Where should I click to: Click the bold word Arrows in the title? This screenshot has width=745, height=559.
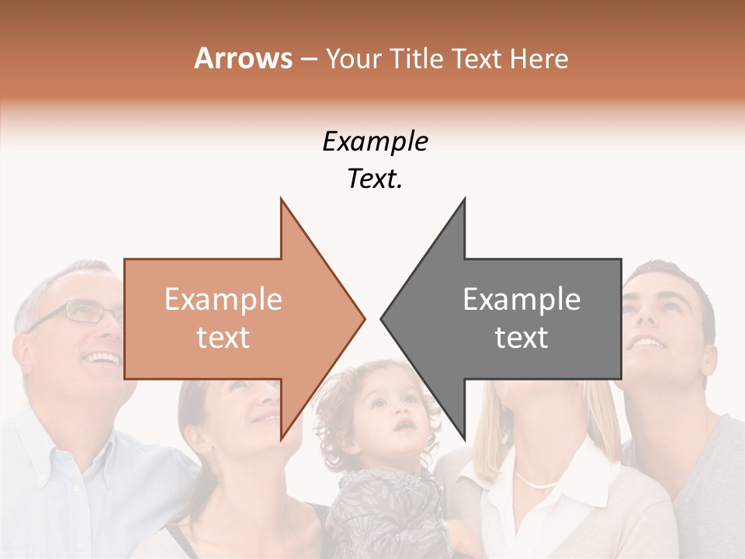[243, 58]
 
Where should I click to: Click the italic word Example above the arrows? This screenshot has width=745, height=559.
[375, 141]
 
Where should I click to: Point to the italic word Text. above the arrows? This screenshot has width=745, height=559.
[375, 179]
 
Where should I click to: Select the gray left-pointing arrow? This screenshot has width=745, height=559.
[512, 318]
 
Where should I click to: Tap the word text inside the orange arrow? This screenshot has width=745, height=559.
[223, 337]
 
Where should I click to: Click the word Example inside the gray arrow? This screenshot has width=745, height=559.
[521, 299]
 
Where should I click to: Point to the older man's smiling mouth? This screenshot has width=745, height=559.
[103, 358]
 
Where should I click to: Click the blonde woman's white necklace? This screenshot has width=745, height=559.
[535, 481]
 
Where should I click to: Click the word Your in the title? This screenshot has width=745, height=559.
[350, 58]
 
